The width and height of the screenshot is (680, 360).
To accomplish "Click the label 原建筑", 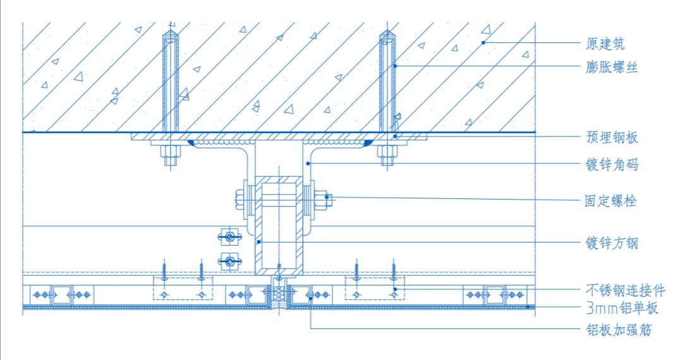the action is (x=605, y=44).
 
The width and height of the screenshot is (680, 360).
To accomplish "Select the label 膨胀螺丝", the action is (x=612, y=67).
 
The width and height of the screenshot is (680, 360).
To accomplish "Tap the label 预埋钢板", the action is (x=612, y=137).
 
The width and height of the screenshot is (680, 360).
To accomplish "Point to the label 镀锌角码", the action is (x=612, y=165).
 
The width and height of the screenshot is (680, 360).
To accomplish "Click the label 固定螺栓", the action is (x=610, y=201).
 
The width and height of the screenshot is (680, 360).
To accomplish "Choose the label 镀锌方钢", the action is (x=612, y=243).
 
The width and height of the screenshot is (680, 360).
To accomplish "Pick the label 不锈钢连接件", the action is (x=626, y=290).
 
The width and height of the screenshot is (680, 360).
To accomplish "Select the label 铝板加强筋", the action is (x=619, y=330).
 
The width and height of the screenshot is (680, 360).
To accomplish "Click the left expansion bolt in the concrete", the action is (x=171, y=81).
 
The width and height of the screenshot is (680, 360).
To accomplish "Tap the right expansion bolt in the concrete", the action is (x=387, y=81).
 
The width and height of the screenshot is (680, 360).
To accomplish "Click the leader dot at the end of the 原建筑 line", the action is (x=483, y=42).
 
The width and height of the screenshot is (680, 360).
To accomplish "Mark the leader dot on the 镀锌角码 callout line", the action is (x=308, y=164).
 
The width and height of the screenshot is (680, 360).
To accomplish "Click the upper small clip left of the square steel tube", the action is (x=230, y=237).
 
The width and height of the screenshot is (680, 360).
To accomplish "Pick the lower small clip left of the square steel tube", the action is (x=230, y=261).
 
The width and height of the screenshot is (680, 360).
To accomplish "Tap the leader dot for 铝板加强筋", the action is (x=311, y=298).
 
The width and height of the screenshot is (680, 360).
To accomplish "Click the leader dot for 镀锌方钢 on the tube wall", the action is (x=259, y=242).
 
